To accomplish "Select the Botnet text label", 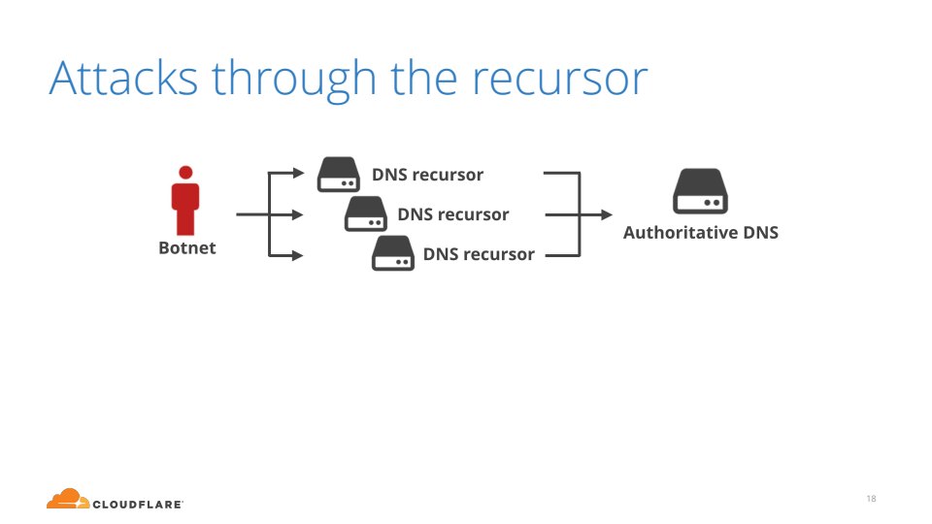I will pyautogui.click(x=187, y=248).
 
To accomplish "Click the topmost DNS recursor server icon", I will pyautogui.click(x=339, y=175).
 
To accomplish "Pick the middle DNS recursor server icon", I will pyautogui.click(x=366, y=213).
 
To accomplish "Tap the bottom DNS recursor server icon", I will pyautogui.click(x=393, y=253).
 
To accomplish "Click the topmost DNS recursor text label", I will pyautogui.click(x=427, y=175).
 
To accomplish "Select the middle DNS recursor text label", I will pyautogui.click(x=453, y=214).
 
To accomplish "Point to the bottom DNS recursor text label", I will pyautogui.click(x=479, y=254).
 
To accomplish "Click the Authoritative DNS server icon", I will pyautogui.click(x=701, y=191).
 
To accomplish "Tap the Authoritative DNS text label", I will pyautogui.click(x=701, y=233).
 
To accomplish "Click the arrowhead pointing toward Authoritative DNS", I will pyautogui.click(x=608, y=214).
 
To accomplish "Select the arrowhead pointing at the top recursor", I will pyautogui.click(x=298, y=175).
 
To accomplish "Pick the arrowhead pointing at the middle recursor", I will pyautogui.click(x=298, y=214).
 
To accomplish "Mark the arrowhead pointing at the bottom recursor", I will pyautogui.click(x=298, y=255).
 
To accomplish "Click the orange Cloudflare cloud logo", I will pyautogui.click(x=68, y=499).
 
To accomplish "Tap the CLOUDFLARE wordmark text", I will pyautogui.click(x=137, y=504).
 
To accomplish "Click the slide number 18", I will pyautogui.click(x=871, y=499).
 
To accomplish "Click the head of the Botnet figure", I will pyautogui.click(x=185, y=173).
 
